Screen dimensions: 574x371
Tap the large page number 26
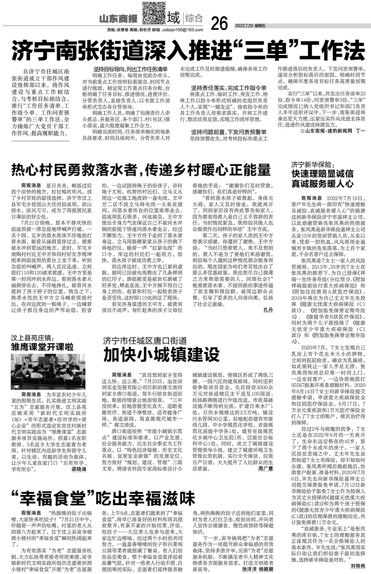(219, 23)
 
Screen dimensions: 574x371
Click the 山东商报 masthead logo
(118, 18)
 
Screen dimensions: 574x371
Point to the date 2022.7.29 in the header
(246, 26)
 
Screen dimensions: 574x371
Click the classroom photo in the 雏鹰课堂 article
(48, 371)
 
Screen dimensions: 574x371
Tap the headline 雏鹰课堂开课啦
(42, 347)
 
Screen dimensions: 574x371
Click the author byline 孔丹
(268, 310)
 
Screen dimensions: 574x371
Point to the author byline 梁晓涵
(79, 469)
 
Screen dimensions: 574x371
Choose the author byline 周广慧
(266, 469)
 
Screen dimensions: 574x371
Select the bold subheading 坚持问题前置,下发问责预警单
(229, 132)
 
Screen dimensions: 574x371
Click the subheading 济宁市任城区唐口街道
(145, 341)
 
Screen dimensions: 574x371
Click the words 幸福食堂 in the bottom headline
(57, 498)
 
